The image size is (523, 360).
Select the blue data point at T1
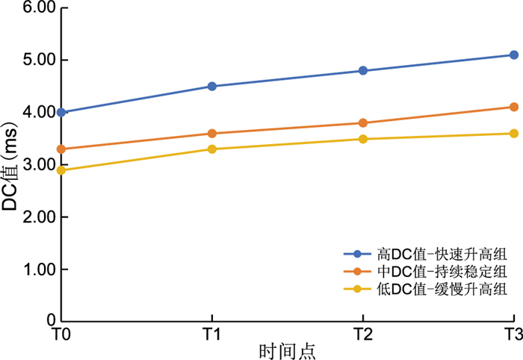(212, 86)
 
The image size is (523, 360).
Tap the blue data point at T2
(363, 70)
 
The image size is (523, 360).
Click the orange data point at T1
(212, 133)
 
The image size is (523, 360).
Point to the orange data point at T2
(363, 122)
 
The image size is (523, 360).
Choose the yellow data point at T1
(212, 149)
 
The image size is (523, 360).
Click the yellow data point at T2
(363, 138)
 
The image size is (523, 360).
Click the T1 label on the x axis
(212, 333)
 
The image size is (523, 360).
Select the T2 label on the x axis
(363, 333)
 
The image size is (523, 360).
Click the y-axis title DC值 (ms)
(10, 164)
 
